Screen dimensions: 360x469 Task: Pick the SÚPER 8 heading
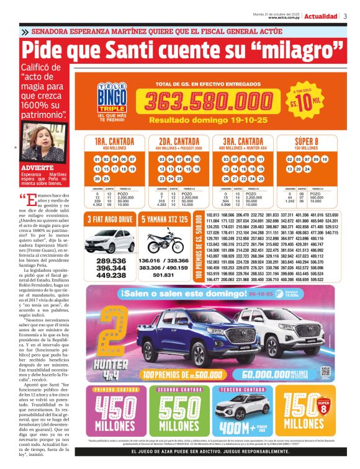point(310,141)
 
